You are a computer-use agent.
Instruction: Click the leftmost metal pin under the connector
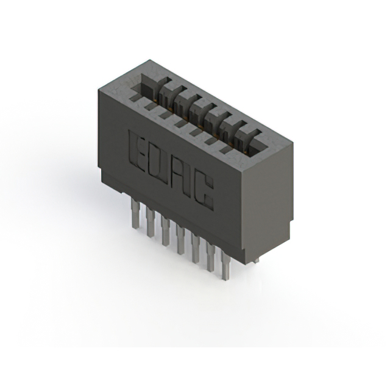point(135,214)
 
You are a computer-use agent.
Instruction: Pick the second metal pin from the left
point(151,223)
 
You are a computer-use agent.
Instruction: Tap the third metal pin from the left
point(165,231)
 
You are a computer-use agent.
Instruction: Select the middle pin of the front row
point(180,239)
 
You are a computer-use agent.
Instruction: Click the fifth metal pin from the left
point(196,247)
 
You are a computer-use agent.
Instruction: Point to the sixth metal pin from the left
point(211,256)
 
